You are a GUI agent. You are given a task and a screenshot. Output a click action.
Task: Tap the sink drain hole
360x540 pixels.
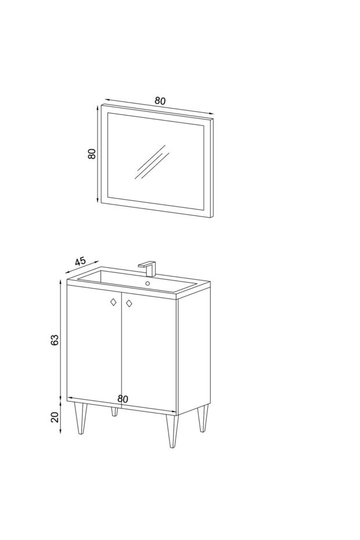(x=148, y=283)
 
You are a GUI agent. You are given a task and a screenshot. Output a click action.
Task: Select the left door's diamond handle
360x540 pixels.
(x=113, y=302)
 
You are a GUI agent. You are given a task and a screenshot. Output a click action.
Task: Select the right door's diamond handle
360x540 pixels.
(x=129, y=304)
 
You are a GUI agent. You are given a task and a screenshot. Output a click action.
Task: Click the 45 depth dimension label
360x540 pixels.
(x=80, y=261)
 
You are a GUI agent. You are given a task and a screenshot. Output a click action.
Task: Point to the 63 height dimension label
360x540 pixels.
(x=55, y=340)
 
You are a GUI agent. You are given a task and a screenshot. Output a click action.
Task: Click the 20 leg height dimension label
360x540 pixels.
(x=55, y=417)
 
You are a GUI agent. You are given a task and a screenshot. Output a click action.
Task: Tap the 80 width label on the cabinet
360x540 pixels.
(x=123, y=399)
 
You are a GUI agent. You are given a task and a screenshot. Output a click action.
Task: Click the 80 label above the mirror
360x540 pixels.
(x=160, y=101)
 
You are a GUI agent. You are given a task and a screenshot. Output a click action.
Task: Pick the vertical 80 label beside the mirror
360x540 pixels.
(x=92, y=154)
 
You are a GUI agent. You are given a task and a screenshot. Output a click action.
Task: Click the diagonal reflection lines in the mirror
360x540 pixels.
(x=152, y=162)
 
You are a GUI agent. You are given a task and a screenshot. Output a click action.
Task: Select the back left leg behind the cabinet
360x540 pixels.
(x=114, y=412)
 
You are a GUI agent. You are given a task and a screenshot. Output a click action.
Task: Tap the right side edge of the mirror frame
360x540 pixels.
(x=213, y=168)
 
